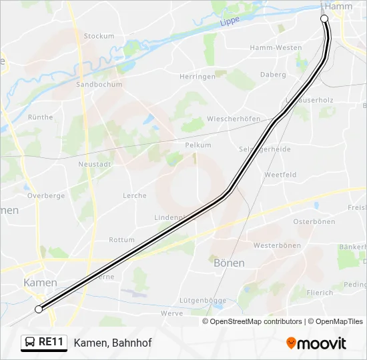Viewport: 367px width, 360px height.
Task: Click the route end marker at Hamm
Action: coord(324,19)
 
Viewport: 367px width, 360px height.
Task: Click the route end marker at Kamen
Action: coord(39,309)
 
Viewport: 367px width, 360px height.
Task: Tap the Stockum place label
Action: coord(99,36)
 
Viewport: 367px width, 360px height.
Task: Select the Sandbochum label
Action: coord(99,85)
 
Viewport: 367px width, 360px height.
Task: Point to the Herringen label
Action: coord(198,77)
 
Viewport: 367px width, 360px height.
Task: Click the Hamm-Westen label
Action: coord(276,48)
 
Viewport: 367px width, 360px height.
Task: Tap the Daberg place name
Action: coord(273,75)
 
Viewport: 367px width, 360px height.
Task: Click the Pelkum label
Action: coord(198,145)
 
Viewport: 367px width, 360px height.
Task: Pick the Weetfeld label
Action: coord(280,175)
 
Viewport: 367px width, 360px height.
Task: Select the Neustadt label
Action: coord(93,163)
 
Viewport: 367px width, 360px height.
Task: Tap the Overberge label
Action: coord(46,197)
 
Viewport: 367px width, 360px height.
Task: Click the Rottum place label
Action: coord(121,240)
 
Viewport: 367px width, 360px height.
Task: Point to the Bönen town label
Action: coord(229,263)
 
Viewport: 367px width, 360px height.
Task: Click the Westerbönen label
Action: coord(277,245)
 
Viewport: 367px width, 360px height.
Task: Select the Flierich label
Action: coord(320,293)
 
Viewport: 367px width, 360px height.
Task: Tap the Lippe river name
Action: coord(230,22)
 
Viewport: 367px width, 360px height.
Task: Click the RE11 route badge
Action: coord(44,342)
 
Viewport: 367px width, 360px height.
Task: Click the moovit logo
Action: coord(316,343)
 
